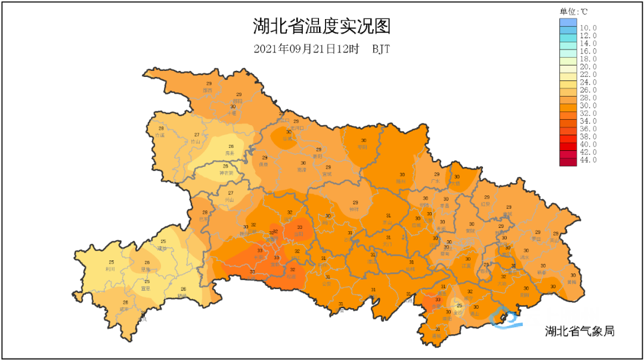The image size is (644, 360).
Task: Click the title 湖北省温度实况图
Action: pos(321,27)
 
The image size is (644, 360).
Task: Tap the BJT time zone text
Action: pos(380,49)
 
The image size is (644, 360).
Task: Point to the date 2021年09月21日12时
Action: pos(306,49)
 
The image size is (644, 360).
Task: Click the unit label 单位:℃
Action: pos(574,11)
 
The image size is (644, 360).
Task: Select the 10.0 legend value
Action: pos(588,28)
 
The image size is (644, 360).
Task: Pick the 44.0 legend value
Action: pos(588,160)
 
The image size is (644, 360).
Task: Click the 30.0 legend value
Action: pos(588,105)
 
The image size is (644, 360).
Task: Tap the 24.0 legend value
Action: pos(588,82)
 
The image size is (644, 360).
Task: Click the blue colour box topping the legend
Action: pos(568,23)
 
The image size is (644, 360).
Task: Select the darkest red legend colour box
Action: pos(568,160)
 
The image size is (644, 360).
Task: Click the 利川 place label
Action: pos(112,269)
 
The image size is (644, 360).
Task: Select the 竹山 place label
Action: pos(197,142)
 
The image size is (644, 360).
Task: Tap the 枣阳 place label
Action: pos(363,147)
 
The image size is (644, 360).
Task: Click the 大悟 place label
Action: pos(456,184)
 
